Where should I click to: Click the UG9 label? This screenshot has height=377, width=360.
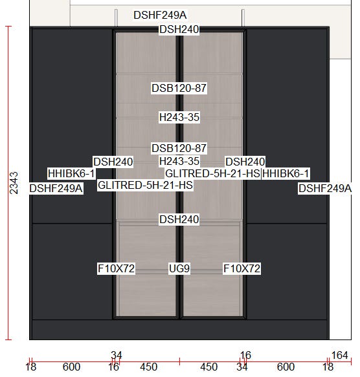point(179,268)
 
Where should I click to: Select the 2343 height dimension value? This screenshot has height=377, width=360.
point(14,183)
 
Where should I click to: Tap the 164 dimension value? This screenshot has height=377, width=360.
point(339,355)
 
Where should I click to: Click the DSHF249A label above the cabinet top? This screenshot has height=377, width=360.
point(160,15)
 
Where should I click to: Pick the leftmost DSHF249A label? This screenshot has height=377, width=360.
point(56,188)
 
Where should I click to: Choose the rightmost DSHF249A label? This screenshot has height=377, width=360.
point(325,188)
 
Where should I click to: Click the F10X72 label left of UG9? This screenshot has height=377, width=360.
point(116,268)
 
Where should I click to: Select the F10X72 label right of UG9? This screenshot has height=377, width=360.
point(242,268)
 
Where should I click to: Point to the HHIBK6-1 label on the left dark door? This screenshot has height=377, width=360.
point(71,173)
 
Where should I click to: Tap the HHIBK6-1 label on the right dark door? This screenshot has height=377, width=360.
point(286,173)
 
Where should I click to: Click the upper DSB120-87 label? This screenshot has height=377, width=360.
point(179,88)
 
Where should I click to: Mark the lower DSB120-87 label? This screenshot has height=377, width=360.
point(179,148)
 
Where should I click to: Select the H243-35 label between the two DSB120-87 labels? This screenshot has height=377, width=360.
point(179,117)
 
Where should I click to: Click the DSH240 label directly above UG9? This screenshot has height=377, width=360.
point(179,219)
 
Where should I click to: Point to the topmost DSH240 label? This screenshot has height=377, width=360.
point(179,29)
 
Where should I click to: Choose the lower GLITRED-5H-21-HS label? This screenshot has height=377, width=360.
point(145,185)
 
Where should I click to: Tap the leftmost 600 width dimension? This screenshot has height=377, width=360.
point(71,367)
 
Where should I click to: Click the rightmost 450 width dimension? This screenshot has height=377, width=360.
point(208,367)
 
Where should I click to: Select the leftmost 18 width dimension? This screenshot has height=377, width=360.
point(31,367)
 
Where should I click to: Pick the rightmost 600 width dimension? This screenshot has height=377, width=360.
point(286,367)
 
